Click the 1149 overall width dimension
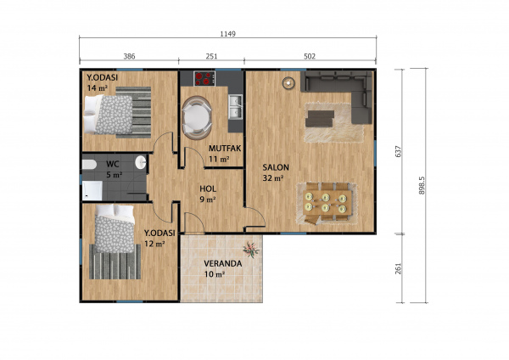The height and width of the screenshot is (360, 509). click(227, 34)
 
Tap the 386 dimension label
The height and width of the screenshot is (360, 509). click(129, 57)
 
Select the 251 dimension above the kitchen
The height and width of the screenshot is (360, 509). click(211, 57)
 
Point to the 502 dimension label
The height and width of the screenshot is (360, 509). click(310, 57)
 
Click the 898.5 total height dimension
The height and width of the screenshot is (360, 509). click(422, 186)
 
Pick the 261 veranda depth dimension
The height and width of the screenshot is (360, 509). click(399, 268)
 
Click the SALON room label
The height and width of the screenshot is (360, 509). click(276, 167)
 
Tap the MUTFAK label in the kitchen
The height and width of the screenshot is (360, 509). click(225, 149)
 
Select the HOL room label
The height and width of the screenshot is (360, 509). click(208, 188)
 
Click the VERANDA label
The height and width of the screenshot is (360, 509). click(222, 263)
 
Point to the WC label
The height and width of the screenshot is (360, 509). click(112, 164)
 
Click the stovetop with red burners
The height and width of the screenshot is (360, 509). click(204, 78)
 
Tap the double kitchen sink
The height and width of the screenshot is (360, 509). click(235, 107)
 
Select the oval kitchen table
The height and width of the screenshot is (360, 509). click(197, 118)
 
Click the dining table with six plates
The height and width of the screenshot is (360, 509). click(327, 202)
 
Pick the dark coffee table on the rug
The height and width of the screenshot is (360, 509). click(320, 119)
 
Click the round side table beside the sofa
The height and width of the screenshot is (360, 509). click(288, 83)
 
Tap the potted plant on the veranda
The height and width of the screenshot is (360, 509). click(251, 250)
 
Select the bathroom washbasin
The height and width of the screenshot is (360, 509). click(140, 162)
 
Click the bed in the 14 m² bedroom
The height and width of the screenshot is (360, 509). click(109, 115)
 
